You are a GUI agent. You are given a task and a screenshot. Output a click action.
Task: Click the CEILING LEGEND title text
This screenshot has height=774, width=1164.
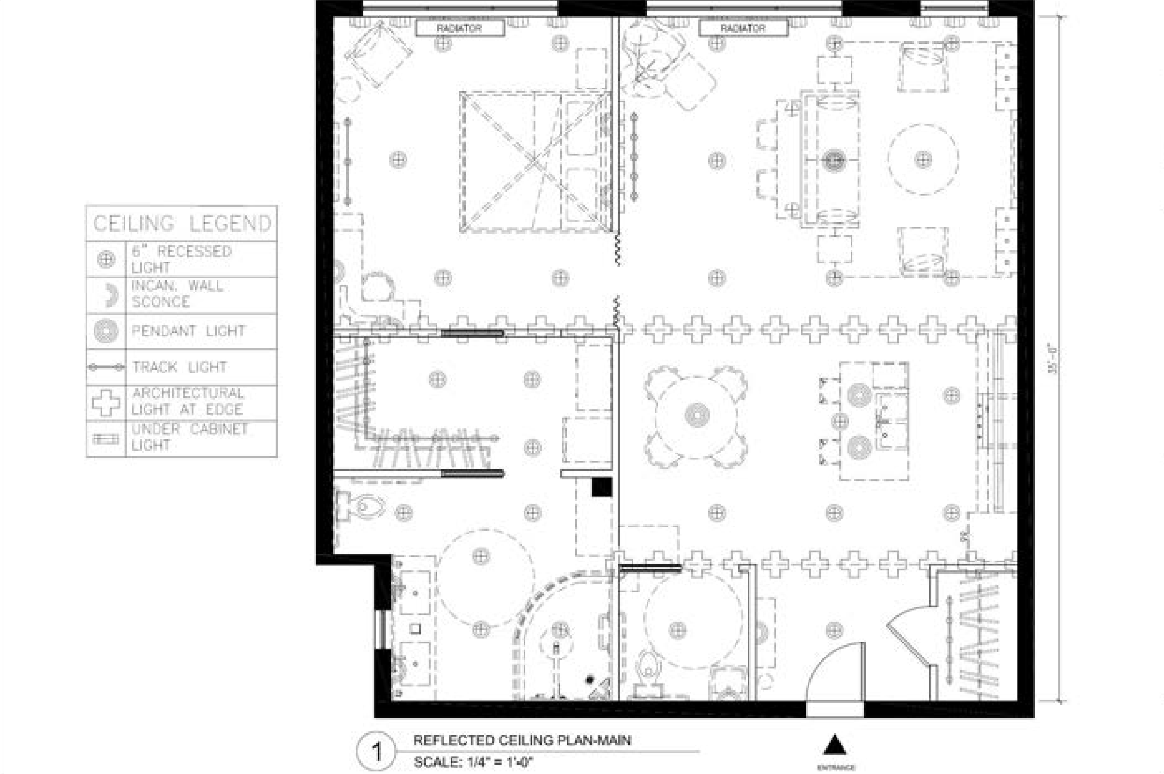tap(182, 224)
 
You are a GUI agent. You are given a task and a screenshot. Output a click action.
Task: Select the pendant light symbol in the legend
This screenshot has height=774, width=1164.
tap(106, 331)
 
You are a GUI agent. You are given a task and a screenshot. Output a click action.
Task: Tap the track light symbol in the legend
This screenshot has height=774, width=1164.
tap(106, 367)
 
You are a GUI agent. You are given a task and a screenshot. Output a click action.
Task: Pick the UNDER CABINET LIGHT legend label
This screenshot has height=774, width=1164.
tap(189, 438)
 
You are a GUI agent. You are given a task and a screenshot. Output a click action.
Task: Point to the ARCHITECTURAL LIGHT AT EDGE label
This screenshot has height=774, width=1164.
tap(188, 402)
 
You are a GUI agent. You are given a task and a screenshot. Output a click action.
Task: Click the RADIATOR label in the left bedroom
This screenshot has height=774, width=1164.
tap(459, 29)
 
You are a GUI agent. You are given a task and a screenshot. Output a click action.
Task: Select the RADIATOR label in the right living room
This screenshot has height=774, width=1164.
tap(742, 29)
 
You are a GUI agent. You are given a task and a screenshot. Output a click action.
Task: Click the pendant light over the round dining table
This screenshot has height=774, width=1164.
tap(697, 415)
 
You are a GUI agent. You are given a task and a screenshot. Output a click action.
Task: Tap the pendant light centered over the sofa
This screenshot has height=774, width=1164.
tap(834, 160)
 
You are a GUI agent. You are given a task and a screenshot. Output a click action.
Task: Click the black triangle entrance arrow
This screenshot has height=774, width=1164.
tap(835, 745)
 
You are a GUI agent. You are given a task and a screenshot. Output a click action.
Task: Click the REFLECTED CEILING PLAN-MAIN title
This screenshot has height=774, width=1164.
tap(522, 740)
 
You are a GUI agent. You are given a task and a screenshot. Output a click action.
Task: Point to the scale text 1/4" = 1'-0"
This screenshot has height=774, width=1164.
tap(473, 762)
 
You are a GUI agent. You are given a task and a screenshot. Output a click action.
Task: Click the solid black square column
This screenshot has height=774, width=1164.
tap(602, 487)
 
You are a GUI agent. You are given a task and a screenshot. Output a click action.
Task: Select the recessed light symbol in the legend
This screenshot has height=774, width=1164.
tap(106, 259)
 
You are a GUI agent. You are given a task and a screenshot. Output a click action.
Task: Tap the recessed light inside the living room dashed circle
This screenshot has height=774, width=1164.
tap(923, 160)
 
